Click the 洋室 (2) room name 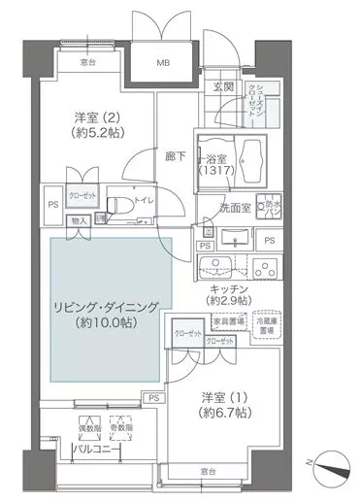pyautogui.click(x=96, y=117)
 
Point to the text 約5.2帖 pyautogui.click(x=95, y=135)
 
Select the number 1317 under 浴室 pyautogui.click(x=216, y=171)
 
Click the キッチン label pyautogui.click(x=231, y=290)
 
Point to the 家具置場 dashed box pyautogui.click(x=229, y=320)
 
